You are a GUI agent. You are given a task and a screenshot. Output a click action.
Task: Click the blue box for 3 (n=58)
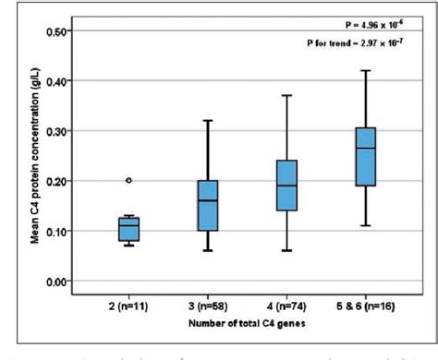pyautogui.click(x=208, y=206)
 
